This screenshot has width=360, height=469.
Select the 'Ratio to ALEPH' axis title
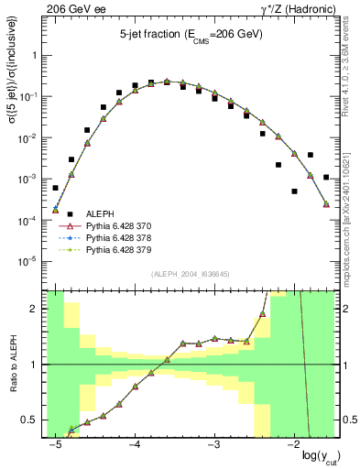(x=13, y=364)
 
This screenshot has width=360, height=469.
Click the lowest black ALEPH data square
(x=295, y=191)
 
